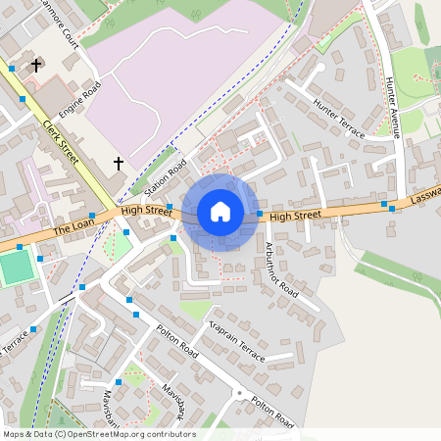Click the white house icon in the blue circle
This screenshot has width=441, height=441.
click(x=220, y=212)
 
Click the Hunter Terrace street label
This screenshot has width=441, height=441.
click(x=338, y=119)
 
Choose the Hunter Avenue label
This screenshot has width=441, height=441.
click(x=394, y=109)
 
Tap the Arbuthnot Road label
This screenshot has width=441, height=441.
click(x=281, y=269)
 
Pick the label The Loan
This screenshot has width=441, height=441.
click(x=73, y=228)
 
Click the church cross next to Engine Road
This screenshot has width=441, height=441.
click(x=36, y=66)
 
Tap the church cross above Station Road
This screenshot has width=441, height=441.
click(x=120, y=163)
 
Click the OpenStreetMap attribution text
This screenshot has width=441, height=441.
click(x=99, y=434)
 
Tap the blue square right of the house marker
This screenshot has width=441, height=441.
click(x=259, y=214)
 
